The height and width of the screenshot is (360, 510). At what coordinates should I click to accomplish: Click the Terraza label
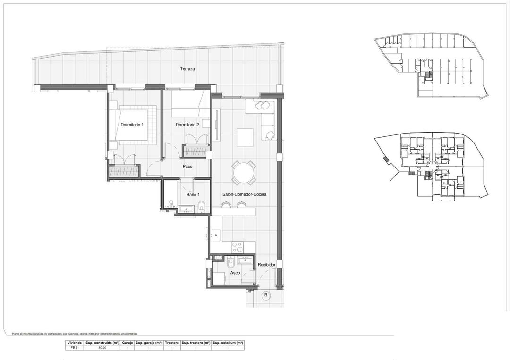point(187,69)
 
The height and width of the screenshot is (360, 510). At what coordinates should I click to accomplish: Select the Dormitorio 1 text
point(132,125)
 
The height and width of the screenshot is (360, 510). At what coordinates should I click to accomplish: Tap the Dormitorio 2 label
point(187,125)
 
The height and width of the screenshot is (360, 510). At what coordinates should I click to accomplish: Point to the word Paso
point(187,166)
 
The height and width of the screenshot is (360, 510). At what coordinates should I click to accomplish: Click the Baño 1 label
point(193,194)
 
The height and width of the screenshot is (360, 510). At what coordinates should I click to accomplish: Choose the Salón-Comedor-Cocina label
point(245,194)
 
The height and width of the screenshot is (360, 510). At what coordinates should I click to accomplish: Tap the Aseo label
point(235,273)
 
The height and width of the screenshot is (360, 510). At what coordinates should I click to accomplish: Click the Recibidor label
point(266,265)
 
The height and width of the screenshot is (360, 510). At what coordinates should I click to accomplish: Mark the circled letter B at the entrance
point(265,296)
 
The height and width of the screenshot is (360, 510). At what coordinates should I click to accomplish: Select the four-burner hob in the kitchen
point(237,247)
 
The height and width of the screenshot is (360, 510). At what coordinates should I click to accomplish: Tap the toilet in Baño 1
point(202,205)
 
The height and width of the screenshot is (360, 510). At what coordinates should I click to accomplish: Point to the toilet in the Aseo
point(230,262)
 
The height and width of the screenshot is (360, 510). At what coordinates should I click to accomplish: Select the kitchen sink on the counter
point(216,234)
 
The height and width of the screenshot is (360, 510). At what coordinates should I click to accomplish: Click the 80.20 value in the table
point(102,348)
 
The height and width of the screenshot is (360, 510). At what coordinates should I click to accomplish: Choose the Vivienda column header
point(75,343)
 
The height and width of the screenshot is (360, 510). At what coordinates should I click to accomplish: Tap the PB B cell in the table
point(75,348)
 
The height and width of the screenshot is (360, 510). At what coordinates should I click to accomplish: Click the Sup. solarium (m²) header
point(228,343)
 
